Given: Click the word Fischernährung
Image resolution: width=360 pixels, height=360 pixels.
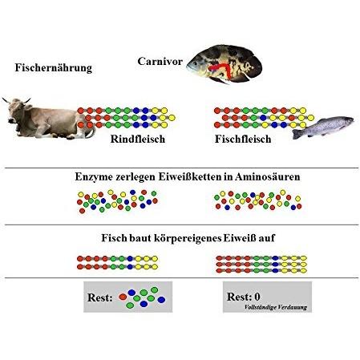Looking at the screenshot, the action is click(54, 67).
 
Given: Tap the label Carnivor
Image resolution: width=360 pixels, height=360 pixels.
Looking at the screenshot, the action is click(160, 61).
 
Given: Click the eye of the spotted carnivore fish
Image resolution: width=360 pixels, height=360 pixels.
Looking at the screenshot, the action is click(195, 63).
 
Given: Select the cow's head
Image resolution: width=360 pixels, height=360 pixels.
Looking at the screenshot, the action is click(16, 110).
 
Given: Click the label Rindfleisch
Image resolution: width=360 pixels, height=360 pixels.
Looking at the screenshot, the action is click(138, 139).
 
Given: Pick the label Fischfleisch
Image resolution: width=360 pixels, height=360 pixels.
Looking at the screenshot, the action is click(243, 139).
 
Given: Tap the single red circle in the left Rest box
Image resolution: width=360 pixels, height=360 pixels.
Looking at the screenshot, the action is click(123, 297).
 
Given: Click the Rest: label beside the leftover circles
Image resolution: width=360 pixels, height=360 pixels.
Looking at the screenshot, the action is click(100, 297).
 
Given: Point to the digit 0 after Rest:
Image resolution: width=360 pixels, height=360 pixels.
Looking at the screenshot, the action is click(257, 297).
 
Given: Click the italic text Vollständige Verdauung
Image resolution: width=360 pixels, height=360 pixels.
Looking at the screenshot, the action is click(276, 307).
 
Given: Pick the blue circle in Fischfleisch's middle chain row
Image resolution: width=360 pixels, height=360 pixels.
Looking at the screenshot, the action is click(263, 118).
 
